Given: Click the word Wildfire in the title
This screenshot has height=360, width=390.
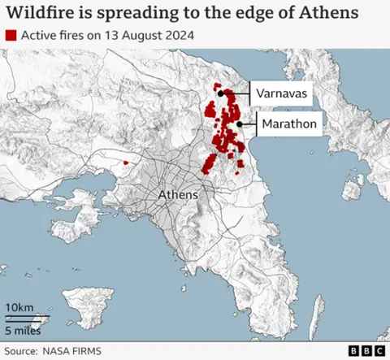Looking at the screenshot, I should coord(40,13).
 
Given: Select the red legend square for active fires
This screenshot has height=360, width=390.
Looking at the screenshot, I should coord(11,37).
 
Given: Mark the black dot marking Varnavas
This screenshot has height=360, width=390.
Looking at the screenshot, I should coord(221,94).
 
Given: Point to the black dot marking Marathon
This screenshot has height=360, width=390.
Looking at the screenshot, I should coord(240,124).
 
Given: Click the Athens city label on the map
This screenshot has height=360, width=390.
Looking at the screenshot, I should coord(177,195).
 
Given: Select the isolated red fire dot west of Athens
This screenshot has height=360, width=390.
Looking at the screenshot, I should coord(125,163).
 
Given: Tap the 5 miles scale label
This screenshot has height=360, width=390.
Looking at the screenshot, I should coord(23,330).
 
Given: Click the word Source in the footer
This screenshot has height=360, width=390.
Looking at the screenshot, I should coord(27,351).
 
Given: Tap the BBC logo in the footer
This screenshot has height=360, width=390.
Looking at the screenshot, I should coord(366,351).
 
